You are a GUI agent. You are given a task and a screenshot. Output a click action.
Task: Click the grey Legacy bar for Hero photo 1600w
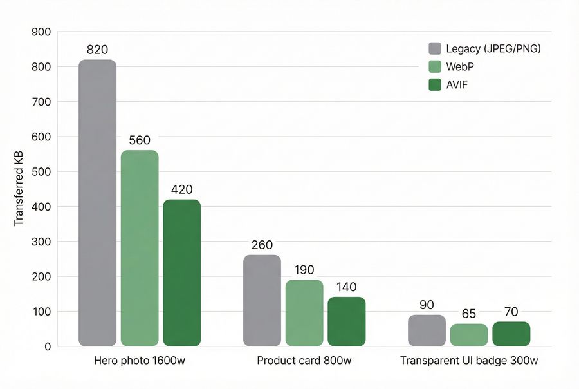(x=98, y=203)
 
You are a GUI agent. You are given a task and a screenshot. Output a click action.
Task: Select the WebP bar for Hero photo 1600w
(x=140, y=248)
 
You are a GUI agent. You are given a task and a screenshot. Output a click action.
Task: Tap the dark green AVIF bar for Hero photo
(x=181, y=273)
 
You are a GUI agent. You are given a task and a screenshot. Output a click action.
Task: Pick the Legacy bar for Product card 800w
(x=262, y=301)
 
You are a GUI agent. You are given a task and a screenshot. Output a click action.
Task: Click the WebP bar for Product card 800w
(x=304, y=313)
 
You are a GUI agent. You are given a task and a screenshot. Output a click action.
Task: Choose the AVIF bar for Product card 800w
(x=346, y=321)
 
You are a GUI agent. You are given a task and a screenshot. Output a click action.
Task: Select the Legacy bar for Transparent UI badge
(x=427, y=330)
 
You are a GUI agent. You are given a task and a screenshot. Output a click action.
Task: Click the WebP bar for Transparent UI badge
(x=469, y=335)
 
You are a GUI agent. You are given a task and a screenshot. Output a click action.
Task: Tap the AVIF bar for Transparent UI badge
(x=511, y=334)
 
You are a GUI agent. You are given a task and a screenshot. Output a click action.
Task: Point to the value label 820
(x=97, y=50)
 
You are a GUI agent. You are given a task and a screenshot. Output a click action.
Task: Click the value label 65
(x=469, y=314)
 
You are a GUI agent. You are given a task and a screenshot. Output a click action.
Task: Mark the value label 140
(x=346, y=287)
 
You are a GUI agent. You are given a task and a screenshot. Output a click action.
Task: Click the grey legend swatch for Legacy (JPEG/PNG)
(x=435, y=48)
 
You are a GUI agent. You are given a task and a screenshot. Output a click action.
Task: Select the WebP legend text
(x=460, y=66)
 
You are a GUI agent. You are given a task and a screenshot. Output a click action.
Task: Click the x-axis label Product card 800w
(x=304, y=361)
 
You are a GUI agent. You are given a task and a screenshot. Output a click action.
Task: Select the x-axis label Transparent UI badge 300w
(x=469, y=361)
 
